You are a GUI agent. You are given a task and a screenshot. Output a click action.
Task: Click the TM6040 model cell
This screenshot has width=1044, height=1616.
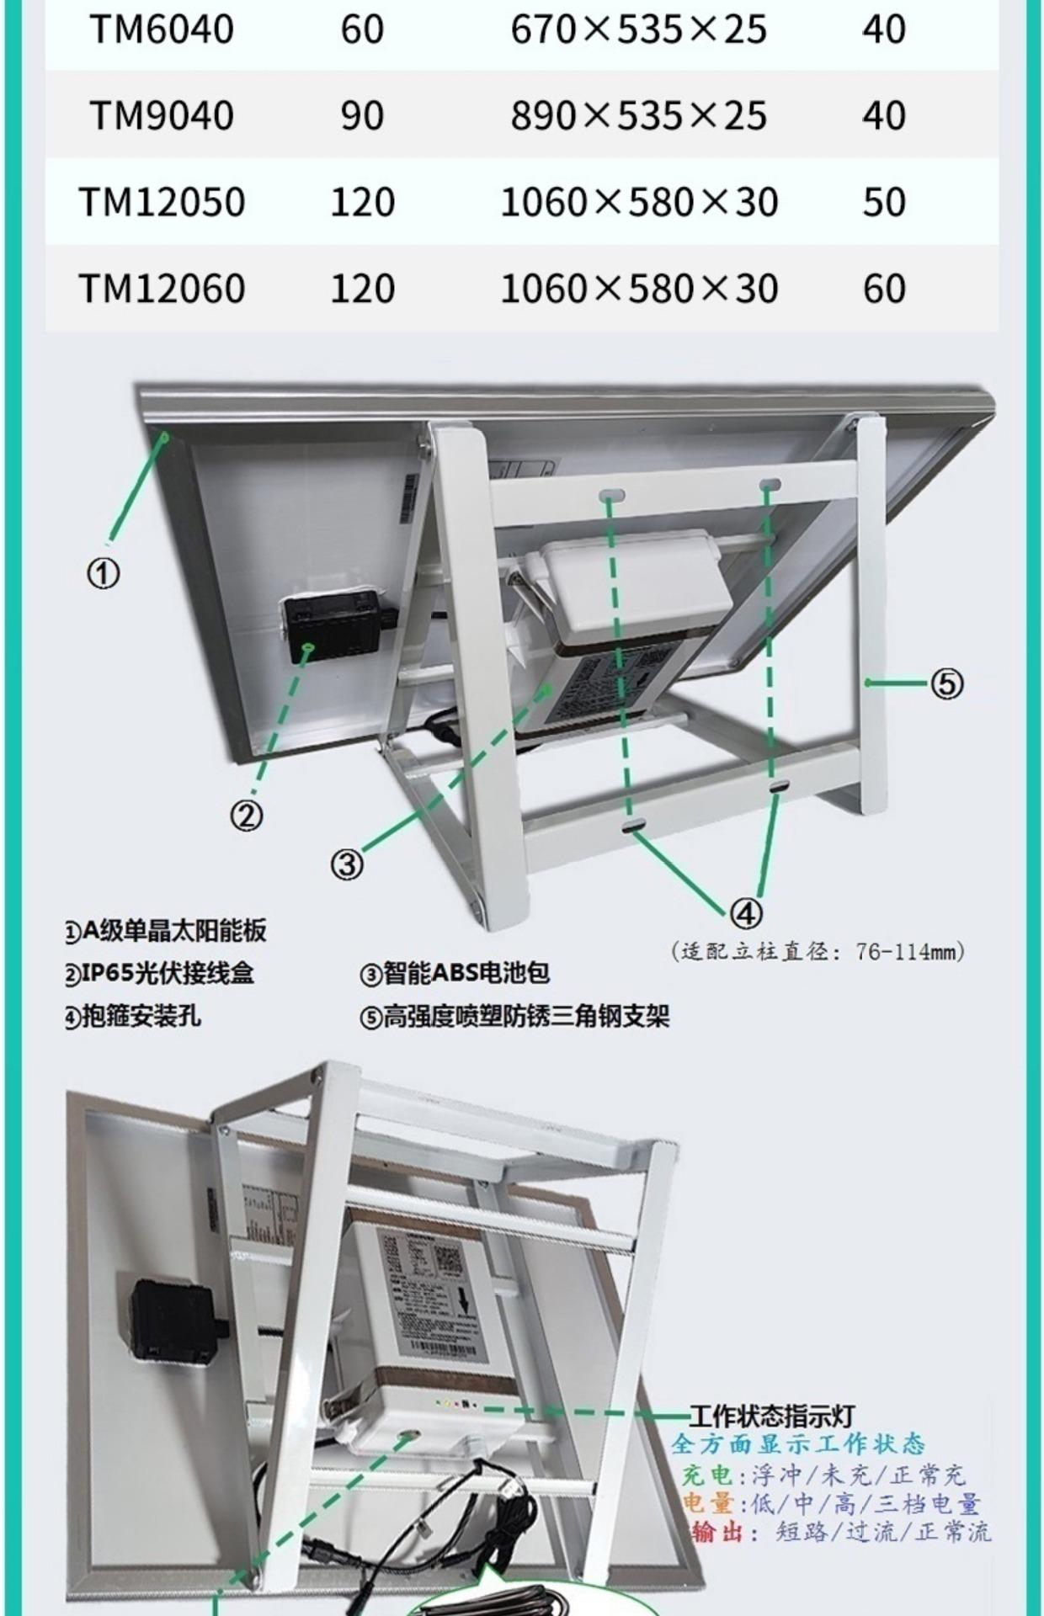[x=162, y=29]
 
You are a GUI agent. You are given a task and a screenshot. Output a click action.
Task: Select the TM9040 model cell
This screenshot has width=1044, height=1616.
[x=162, y=115]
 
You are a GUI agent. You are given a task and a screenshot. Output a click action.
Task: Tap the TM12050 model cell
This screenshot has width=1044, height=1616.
[x=162, y=203]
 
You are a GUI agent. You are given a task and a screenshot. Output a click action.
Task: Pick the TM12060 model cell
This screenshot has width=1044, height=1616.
[x=162, y=289]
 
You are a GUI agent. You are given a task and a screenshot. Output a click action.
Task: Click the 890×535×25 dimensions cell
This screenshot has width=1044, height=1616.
[x=638, y=115]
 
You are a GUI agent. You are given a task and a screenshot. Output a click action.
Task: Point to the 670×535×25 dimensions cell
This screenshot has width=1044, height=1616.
[x=638, y=29]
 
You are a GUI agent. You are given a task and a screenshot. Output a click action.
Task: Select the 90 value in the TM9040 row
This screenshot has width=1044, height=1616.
[x=362, y=115]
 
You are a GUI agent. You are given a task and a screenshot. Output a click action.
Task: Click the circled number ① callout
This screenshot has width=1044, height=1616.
[x=104, y=574]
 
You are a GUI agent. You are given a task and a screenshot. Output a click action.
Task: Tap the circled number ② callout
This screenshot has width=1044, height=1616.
[x=247, y=815]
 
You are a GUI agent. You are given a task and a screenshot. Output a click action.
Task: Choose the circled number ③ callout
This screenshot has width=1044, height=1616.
[x=347, y=864]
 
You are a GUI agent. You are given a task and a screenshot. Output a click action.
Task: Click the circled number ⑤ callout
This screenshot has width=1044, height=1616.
[x=946, y=683]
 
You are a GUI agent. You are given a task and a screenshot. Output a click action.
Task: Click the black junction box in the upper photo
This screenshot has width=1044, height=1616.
[x=332, y=625]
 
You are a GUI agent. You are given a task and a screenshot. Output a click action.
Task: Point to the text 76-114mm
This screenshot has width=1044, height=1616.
[x=909, y=952]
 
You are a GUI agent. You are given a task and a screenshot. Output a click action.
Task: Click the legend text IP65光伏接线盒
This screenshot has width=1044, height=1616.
[x=168, y=974]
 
